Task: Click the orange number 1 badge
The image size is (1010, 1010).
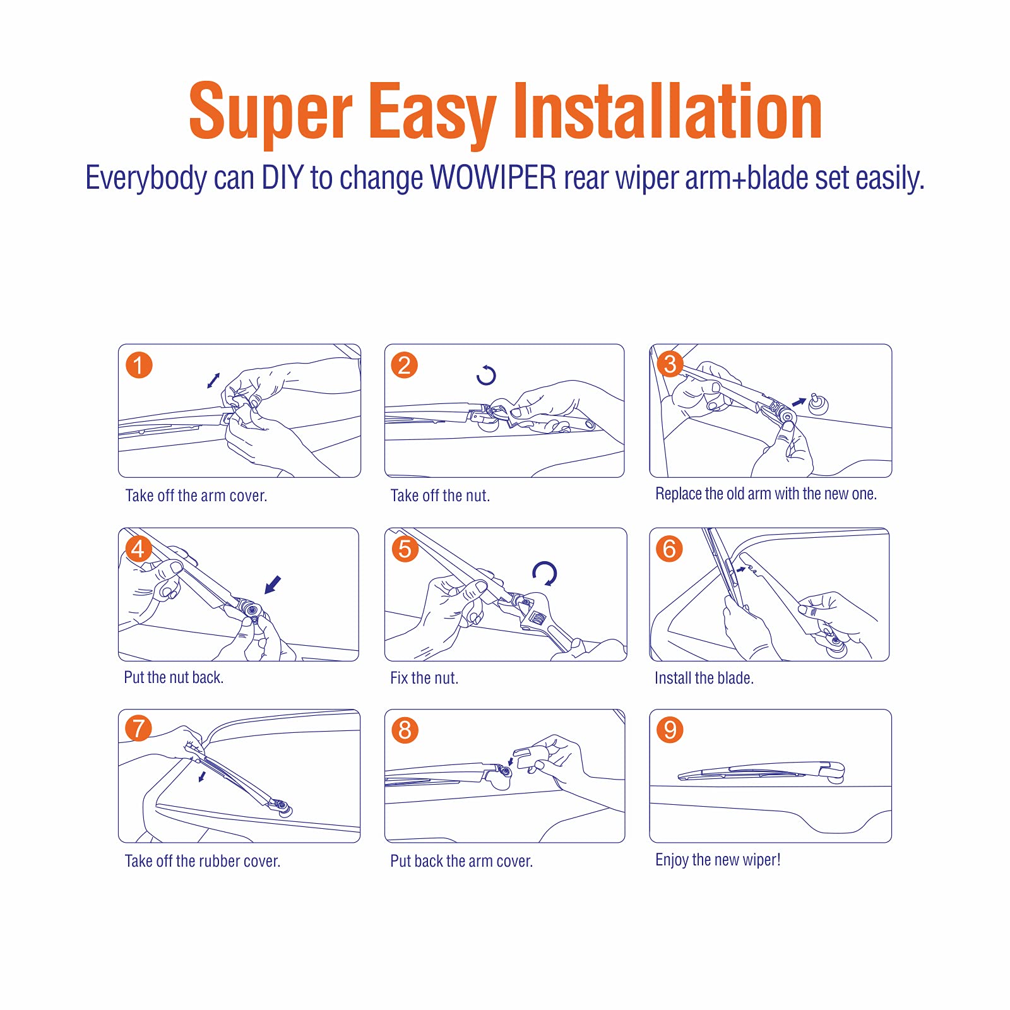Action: [x=139, y=365]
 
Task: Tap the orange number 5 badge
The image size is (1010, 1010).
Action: [x=405, y=549]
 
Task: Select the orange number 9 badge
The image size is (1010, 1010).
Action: [x=670, y=730]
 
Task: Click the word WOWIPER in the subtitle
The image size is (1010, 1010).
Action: [x=493, y=178]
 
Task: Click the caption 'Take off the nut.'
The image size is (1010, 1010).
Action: [x=440, y=496]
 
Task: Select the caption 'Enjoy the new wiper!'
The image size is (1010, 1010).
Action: [x=718, y=860]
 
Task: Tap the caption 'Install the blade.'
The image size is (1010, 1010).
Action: [x=704, y=678]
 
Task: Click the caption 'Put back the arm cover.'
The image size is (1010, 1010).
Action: [x=461, y=861]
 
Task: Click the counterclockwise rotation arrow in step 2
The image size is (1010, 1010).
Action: [x=486, y=375]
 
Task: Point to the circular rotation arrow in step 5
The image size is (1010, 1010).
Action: [x=544, y=574]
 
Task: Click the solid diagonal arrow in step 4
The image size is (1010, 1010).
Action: [x=273, y=585]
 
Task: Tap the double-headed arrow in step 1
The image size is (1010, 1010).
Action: [x=213, y=381]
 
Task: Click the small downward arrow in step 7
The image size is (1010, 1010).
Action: [x=202, y=776]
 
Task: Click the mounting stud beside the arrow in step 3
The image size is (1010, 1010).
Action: [x=818, y=404]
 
